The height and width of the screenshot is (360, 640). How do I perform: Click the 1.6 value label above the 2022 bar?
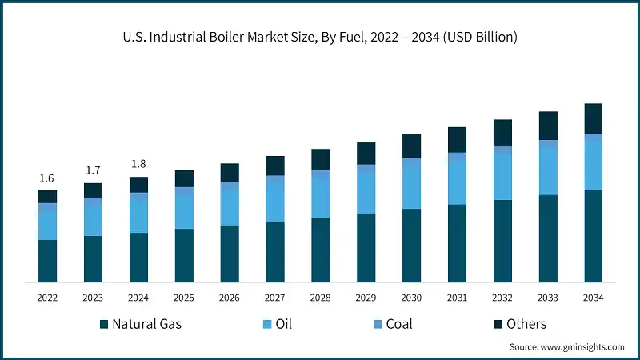point(47,178)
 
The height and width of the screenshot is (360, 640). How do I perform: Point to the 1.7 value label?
point(93,170)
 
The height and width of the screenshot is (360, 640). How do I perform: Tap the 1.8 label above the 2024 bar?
point(138,164)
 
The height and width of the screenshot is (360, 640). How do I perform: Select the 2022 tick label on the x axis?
point(47,298)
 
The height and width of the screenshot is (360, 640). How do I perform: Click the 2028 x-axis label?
point(321,298)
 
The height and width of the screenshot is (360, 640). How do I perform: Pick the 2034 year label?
point(593,298)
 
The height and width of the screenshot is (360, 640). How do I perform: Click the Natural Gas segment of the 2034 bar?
point(593,236)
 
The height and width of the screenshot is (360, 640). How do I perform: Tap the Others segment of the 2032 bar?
point(502,133)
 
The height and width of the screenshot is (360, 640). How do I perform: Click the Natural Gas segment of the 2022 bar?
point(47,261)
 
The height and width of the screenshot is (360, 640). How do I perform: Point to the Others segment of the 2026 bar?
point(230,172)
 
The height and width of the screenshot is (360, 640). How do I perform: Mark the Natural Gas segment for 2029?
point(366,248)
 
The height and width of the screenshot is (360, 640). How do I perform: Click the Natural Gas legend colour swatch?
point(104,324)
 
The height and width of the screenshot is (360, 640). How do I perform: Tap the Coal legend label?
point(400,324)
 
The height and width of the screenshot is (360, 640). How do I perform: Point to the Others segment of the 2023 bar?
point(93,190)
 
